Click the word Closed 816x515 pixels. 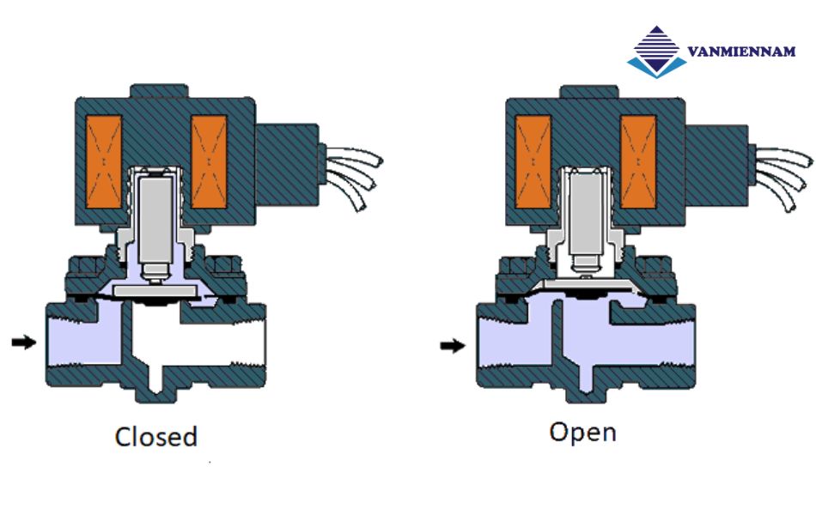click(x=155, y=436)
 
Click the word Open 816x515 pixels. click(x=582, y=431)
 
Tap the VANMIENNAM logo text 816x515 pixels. click(x=740, y=52)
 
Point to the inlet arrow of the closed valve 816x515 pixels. click(x=24, y=342)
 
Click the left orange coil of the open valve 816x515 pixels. click(x=533, y=161)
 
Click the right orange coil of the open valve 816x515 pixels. click(x=638, y=161)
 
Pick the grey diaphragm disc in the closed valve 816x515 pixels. click(x=155, y=293)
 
